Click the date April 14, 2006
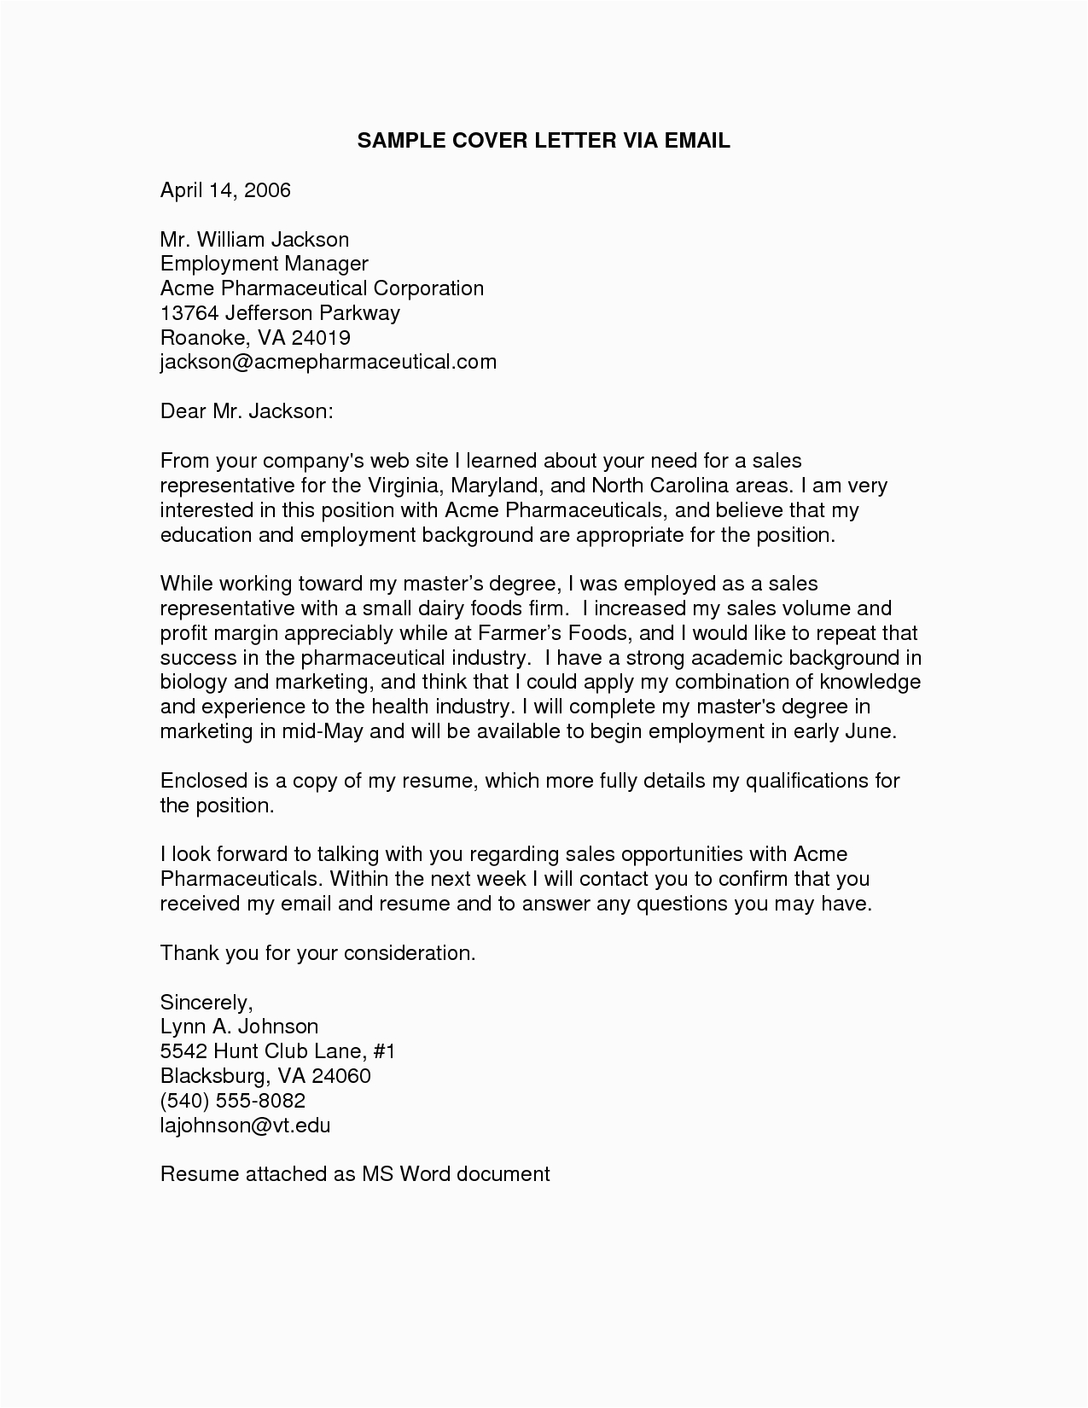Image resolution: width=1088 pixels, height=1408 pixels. pos(225,189)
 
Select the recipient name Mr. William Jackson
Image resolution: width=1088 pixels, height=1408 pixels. pos(254,239)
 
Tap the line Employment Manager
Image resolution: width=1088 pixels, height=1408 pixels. pos(264,264)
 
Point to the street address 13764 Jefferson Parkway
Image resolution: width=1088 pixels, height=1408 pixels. pos(280,313)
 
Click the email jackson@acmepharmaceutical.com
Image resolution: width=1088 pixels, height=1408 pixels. pos(328,362)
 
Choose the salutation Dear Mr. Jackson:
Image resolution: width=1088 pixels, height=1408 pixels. pos(246,411)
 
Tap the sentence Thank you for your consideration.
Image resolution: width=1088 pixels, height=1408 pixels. pos(317,953)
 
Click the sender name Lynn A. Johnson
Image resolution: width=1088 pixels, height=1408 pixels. pos(239,1027)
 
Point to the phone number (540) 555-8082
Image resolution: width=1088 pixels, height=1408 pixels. pos(232,1100)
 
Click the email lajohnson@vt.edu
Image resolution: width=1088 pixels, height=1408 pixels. pos(245,1125)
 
